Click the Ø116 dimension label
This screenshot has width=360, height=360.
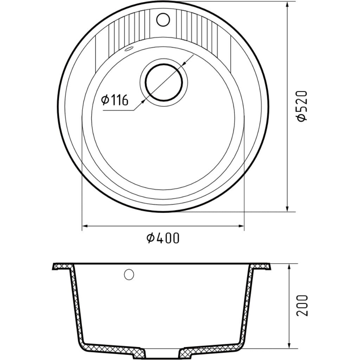tap(115, 101)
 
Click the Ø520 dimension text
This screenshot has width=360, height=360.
tap(302, 106)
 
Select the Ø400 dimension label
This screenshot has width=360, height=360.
tap(163, 238)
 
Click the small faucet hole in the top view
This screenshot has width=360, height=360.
tap(162, 20)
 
